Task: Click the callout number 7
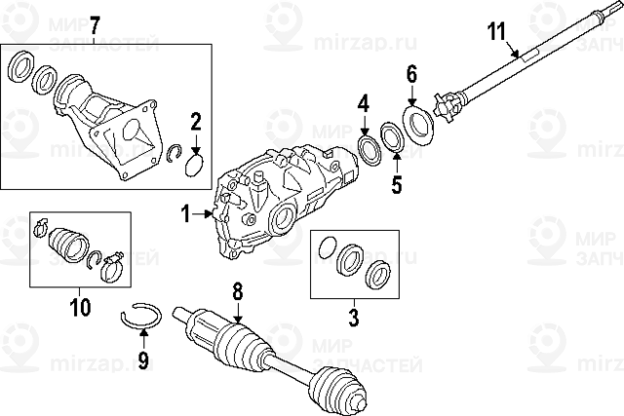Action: click(95, 23)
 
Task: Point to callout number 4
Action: click(363, 102)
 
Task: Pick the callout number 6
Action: click(411, 74)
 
